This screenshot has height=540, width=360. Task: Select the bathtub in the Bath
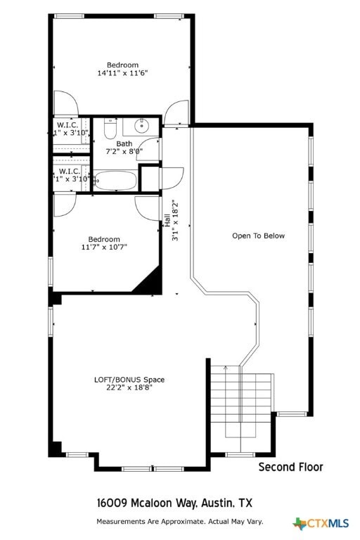(116, 181)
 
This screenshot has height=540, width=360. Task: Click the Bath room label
(124, 143)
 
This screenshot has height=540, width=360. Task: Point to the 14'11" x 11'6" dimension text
(122, 73)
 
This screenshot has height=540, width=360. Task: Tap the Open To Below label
(259, 236)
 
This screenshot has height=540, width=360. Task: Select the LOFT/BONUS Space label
(129, 380)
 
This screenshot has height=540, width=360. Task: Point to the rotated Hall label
(167, 219)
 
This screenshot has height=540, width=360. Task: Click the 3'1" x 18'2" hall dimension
(176, 221)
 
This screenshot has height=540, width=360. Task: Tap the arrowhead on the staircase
(226, 367)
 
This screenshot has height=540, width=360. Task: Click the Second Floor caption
(290, 467)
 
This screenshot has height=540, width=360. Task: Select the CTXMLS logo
(321, 523)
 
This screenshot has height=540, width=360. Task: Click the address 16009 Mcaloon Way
(146, 503)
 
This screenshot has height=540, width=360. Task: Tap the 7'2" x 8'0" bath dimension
(124, 151)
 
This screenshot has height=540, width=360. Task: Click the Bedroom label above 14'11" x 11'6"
(122, 65)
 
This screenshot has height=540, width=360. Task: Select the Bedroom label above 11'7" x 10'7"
(103, 239)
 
